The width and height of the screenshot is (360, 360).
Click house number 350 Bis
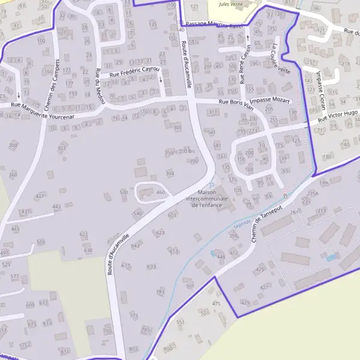click(187, 152)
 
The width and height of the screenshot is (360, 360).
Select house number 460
click(160, 192)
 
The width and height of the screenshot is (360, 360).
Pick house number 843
click(135, 246)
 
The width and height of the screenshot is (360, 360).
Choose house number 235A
click(312, 193)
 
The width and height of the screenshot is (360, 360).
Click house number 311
click(212, 112)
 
